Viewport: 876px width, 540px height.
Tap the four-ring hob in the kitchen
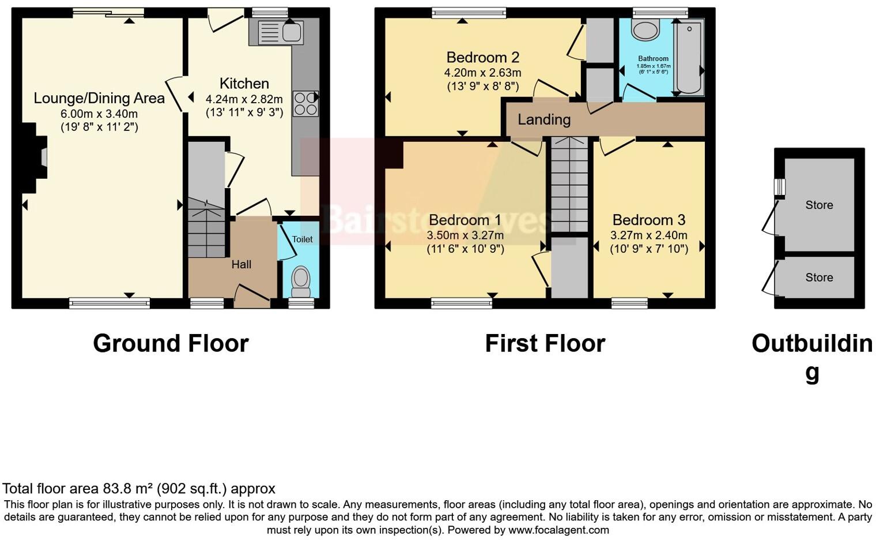[305, 104]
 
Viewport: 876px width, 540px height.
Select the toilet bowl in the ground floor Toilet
[301, 279]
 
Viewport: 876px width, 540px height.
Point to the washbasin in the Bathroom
[645, 29]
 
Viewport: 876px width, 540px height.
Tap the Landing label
[544, 119]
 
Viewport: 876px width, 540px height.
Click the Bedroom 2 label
[483, 57]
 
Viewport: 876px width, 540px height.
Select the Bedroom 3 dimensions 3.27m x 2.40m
[649, 235]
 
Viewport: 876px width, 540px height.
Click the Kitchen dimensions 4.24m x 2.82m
[244, 99]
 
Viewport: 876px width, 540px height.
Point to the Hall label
[241, 264]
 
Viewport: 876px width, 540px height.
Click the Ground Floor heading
[171, 343]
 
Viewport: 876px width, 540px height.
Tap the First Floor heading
[545, 343]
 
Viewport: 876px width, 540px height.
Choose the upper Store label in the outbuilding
[819, 205]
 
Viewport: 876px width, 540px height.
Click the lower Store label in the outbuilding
[819, 277]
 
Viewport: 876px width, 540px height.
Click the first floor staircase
[569, 185]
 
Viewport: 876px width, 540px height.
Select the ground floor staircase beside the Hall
[206, 228]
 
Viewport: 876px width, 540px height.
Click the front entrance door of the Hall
[252, 295]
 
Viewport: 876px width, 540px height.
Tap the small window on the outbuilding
[779, 187]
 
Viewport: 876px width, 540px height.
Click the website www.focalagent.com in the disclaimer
[558, 530]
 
